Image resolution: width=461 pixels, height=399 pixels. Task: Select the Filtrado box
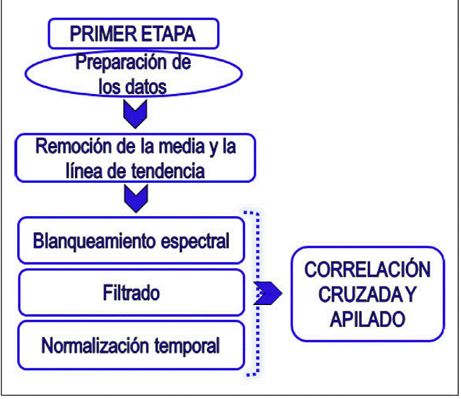click(131, 292)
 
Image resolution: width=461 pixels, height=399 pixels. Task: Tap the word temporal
click(188, 346)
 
